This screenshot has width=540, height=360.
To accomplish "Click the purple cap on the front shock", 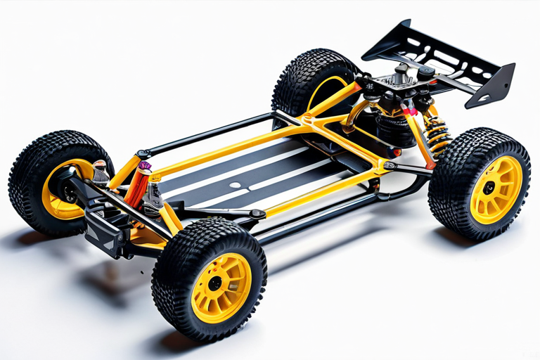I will click(145, 166).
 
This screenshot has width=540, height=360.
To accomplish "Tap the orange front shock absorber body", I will click(137, 186).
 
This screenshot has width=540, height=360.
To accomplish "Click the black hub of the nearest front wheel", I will click(215, 283).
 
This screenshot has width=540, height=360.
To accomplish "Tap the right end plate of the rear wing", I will click(493, 84).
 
